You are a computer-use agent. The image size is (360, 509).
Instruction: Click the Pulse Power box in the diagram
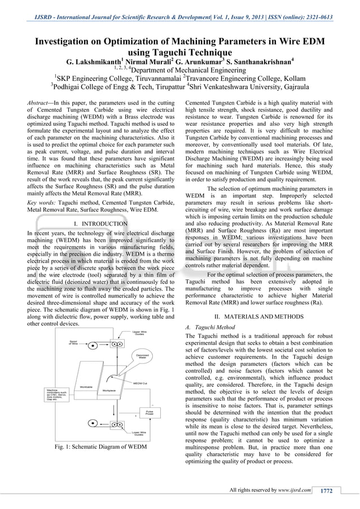coord(150,412)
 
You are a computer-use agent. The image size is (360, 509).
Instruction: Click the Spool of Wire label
coord(73,342)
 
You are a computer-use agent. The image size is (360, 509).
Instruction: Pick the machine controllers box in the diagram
coord(57,394)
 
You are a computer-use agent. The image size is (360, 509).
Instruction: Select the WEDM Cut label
coord(139,383)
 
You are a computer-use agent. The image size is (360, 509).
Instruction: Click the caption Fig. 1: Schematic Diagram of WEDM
coord(100,447)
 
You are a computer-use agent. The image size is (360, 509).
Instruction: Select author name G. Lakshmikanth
coord(95,61)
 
